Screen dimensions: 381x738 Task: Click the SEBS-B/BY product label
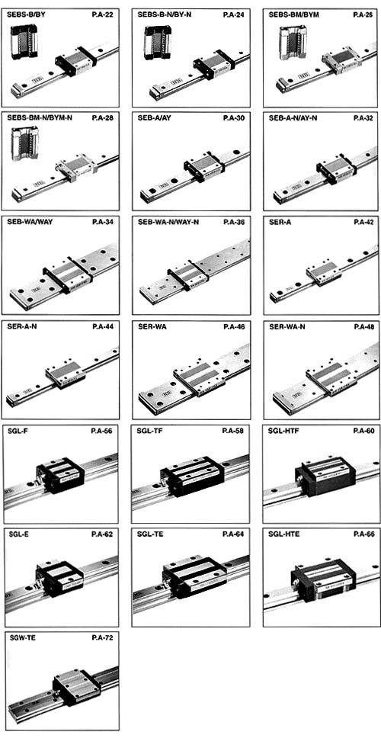pyautogui.click(x=27, y=14)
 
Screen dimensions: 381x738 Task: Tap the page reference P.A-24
pyautogui.click(x=233, y=14)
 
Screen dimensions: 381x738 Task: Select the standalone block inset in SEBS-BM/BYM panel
pyautogui.click(x=290, y=43)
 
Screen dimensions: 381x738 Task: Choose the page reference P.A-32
pyautogui.click(x=364, y=117)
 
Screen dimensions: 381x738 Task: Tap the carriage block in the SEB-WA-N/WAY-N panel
pyautogui.click(x=187, y=274)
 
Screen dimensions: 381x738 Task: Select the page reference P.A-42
pyautogui.click(x=364, y=222)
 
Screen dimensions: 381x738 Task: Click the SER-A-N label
pyautogui.click(x=22, y=326)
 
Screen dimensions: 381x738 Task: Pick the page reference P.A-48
pyautogui.click(x=364, y=326)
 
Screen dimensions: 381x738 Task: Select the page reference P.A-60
pyautogui.click(x=364, y=431)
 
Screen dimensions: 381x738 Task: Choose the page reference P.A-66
pyautogui.click(x=364, y=534)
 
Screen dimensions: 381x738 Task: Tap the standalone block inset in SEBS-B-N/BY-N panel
pyautogui.click(x=158, y=43)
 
